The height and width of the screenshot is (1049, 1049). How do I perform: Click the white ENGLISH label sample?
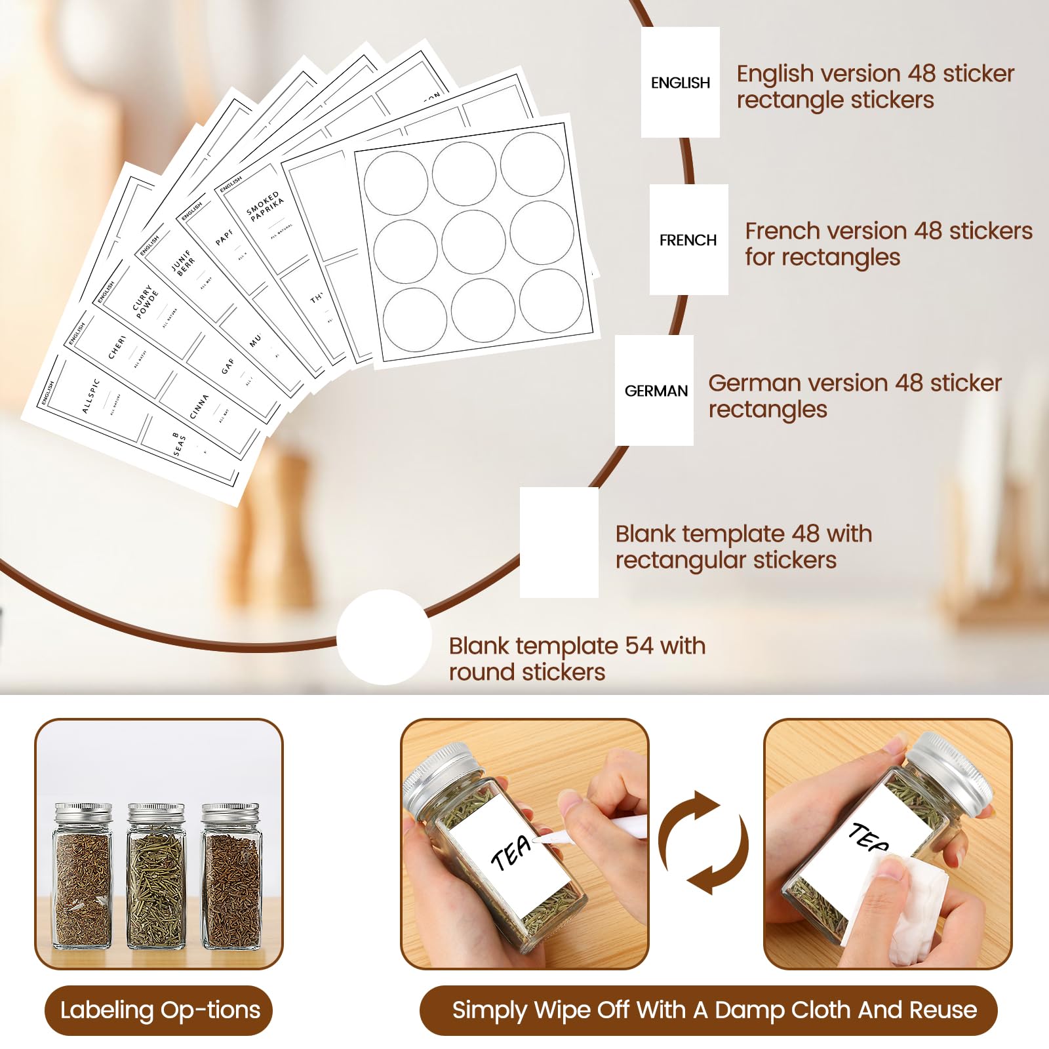point(680,82)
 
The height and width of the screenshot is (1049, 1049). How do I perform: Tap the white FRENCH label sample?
point(688,239)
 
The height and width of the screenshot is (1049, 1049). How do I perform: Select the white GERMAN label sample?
point(654,390)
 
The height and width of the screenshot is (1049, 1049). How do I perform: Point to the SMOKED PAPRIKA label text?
point(264,206)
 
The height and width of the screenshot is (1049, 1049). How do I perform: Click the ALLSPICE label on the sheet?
point(90,396)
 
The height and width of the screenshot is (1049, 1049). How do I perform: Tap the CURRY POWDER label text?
point(146,302)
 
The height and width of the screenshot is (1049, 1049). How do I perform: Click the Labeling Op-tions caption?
point(159,1010)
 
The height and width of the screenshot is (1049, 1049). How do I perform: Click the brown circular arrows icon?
point(703,842)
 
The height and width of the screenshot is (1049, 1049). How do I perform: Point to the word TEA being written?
point(511,853)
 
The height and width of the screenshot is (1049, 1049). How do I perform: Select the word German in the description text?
point(743,383)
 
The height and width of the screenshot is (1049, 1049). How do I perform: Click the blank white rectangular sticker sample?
point(559,542)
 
